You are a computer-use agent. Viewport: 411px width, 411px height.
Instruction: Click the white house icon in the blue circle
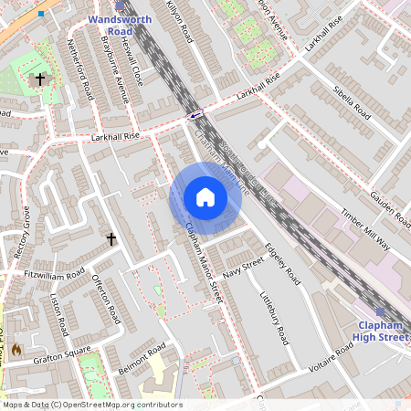[x=205, y=197]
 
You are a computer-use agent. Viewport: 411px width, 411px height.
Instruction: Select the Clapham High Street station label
[x=380, y=332]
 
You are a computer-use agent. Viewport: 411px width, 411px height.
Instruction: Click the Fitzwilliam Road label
[x=54, y=274]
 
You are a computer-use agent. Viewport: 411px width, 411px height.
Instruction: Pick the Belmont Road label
[x=142, y=361]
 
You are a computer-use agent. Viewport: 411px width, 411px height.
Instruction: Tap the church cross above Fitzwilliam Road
[x=111, y=239]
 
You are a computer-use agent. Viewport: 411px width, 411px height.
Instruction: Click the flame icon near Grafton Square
[x=16, y=349]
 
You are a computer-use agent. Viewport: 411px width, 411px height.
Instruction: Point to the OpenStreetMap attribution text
[x=91, y=405]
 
